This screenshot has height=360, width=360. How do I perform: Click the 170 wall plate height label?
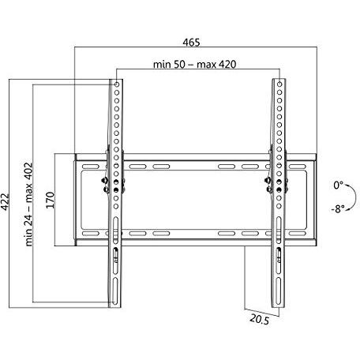[49, 197]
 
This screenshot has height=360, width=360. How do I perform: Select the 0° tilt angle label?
[338, 185]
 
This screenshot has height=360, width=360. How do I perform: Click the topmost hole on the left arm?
[116, 84]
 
